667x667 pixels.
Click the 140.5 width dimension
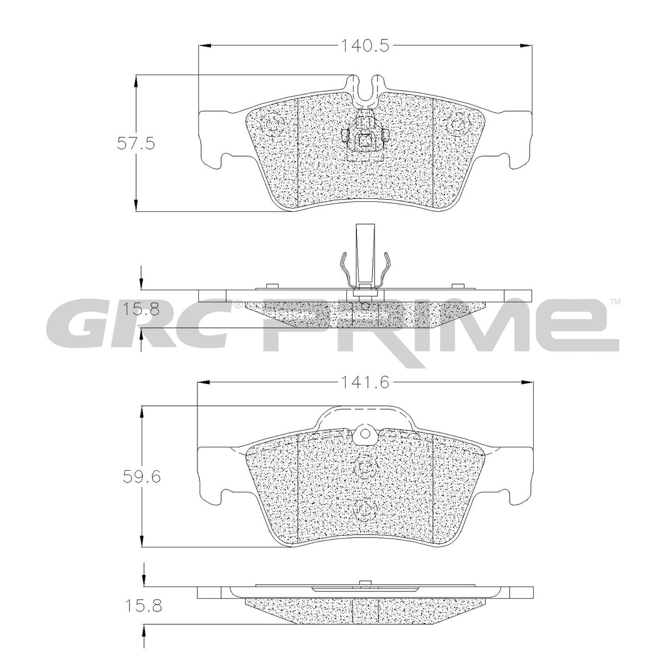click(366, 46)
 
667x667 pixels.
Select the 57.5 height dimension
click(135, 143)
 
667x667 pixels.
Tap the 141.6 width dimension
click(366, 382)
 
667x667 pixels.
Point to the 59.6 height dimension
click(142, 477)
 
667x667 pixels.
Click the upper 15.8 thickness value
click(141, 310)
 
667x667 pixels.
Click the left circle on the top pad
click(273, 125)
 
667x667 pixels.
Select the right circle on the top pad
click(457, 125)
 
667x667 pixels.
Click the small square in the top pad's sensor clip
click(365, 140)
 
